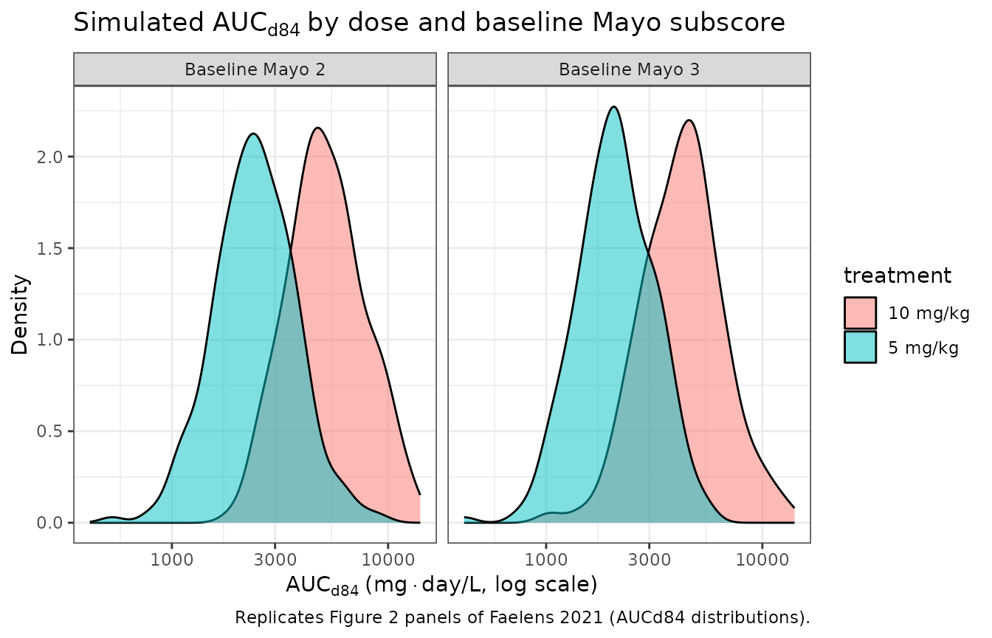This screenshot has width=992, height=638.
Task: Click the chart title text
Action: [x=429, y=24]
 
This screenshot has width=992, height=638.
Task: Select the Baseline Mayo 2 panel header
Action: [x=255, y=70]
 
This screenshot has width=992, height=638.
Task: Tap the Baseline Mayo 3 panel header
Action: [x=629, y=70]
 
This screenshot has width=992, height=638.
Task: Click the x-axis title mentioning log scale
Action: [x=441, y=585]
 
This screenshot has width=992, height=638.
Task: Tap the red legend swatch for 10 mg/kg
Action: [x=860, y=313]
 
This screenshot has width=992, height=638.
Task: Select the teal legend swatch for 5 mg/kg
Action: [x=860, y=347]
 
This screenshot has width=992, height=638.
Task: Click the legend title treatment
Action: [x=897, y=276]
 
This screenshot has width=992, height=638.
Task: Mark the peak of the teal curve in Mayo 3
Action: [x=613, y=107]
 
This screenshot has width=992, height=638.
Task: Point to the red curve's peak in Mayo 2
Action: [x=318, y=128]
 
